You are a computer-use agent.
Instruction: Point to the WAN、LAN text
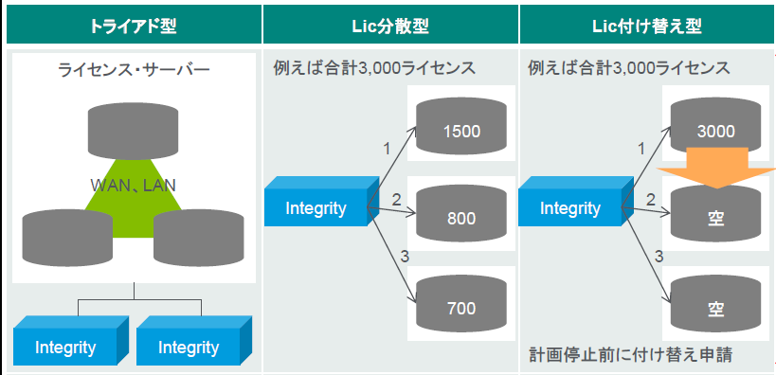click(133, 184)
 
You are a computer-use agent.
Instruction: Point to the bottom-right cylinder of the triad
click(198, 236)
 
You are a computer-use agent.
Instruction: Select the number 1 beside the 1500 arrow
click(386, 149)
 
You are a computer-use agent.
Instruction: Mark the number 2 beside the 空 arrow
click(651, 200)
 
